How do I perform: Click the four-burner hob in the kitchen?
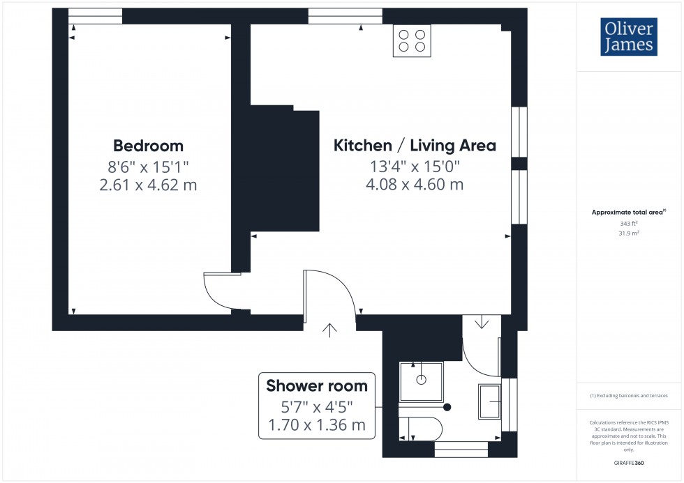click(x=411, y=40)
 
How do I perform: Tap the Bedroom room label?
click(x=148, y=146)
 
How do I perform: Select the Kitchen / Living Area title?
click(x=415, y=146)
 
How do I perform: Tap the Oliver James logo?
click(x=628, y=37)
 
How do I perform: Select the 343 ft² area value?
click(x=629, y=224)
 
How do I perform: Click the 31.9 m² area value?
click(x=629, y=233)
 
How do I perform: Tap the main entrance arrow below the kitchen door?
click(x=329, y=330)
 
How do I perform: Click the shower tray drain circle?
click(x=421, y=380)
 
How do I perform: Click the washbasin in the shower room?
click(x=489, y=401)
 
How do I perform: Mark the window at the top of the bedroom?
click(x=95, y=15)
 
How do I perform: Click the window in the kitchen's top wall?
click(x=345, y=15)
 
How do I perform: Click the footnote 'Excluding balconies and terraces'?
click(x=629, y=396)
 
